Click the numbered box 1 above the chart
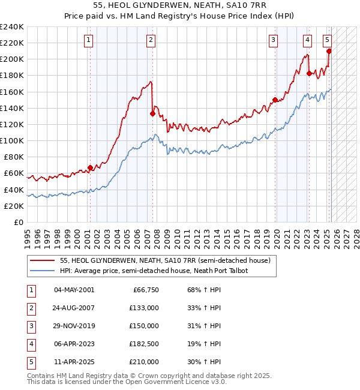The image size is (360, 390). tap(88, 40)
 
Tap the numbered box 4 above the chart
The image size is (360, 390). tap(307, 40)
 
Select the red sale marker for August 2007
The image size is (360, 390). tap(152, 113)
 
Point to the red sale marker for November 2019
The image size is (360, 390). tap(275, 100)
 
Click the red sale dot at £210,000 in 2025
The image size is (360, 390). tap(329, 51)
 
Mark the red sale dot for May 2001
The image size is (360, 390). tap(90, 167)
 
